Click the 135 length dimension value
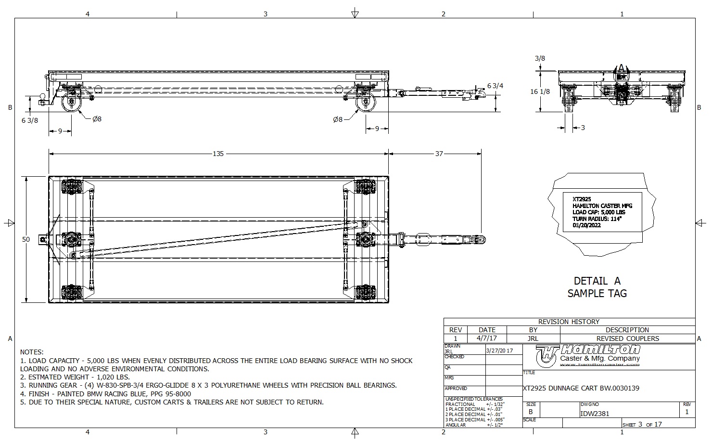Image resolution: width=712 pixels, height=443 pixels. coord(218,154)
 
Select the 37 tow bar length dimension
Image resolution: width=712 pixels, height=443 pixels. coord(439,154)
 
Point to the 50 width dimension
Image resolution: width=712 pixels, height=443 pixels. coord(26,239)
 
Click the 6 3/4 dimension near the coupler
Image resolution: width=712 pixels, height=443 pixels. coord(495,86)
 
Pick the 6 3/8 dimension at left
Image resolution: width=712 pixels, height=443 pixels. coord(29,120)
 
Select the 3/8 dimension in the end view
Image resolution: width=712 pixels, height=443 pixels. coord(540,59)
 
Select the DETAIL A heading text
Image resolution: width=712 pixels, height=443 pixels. coord(597,281)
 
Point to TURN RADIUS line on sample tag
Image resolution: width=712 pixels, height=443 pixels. coord(597,219)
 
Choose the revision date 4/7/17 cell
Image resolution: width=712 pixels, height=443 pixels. coord(487,339)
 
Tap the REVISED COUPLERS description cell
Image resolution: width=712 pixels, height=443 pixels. coord(627,339)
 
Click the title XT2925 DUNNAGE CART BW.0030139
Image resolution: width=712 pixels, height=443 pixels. coord(581,388)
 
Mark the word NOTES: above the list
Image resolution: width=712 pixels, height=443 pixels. coord(32,352)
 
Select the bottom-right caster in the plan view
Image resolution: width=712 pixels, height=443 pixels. coord(365,292)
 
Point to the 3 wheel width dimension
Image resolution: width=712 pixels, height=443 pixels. coord(583,128)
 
